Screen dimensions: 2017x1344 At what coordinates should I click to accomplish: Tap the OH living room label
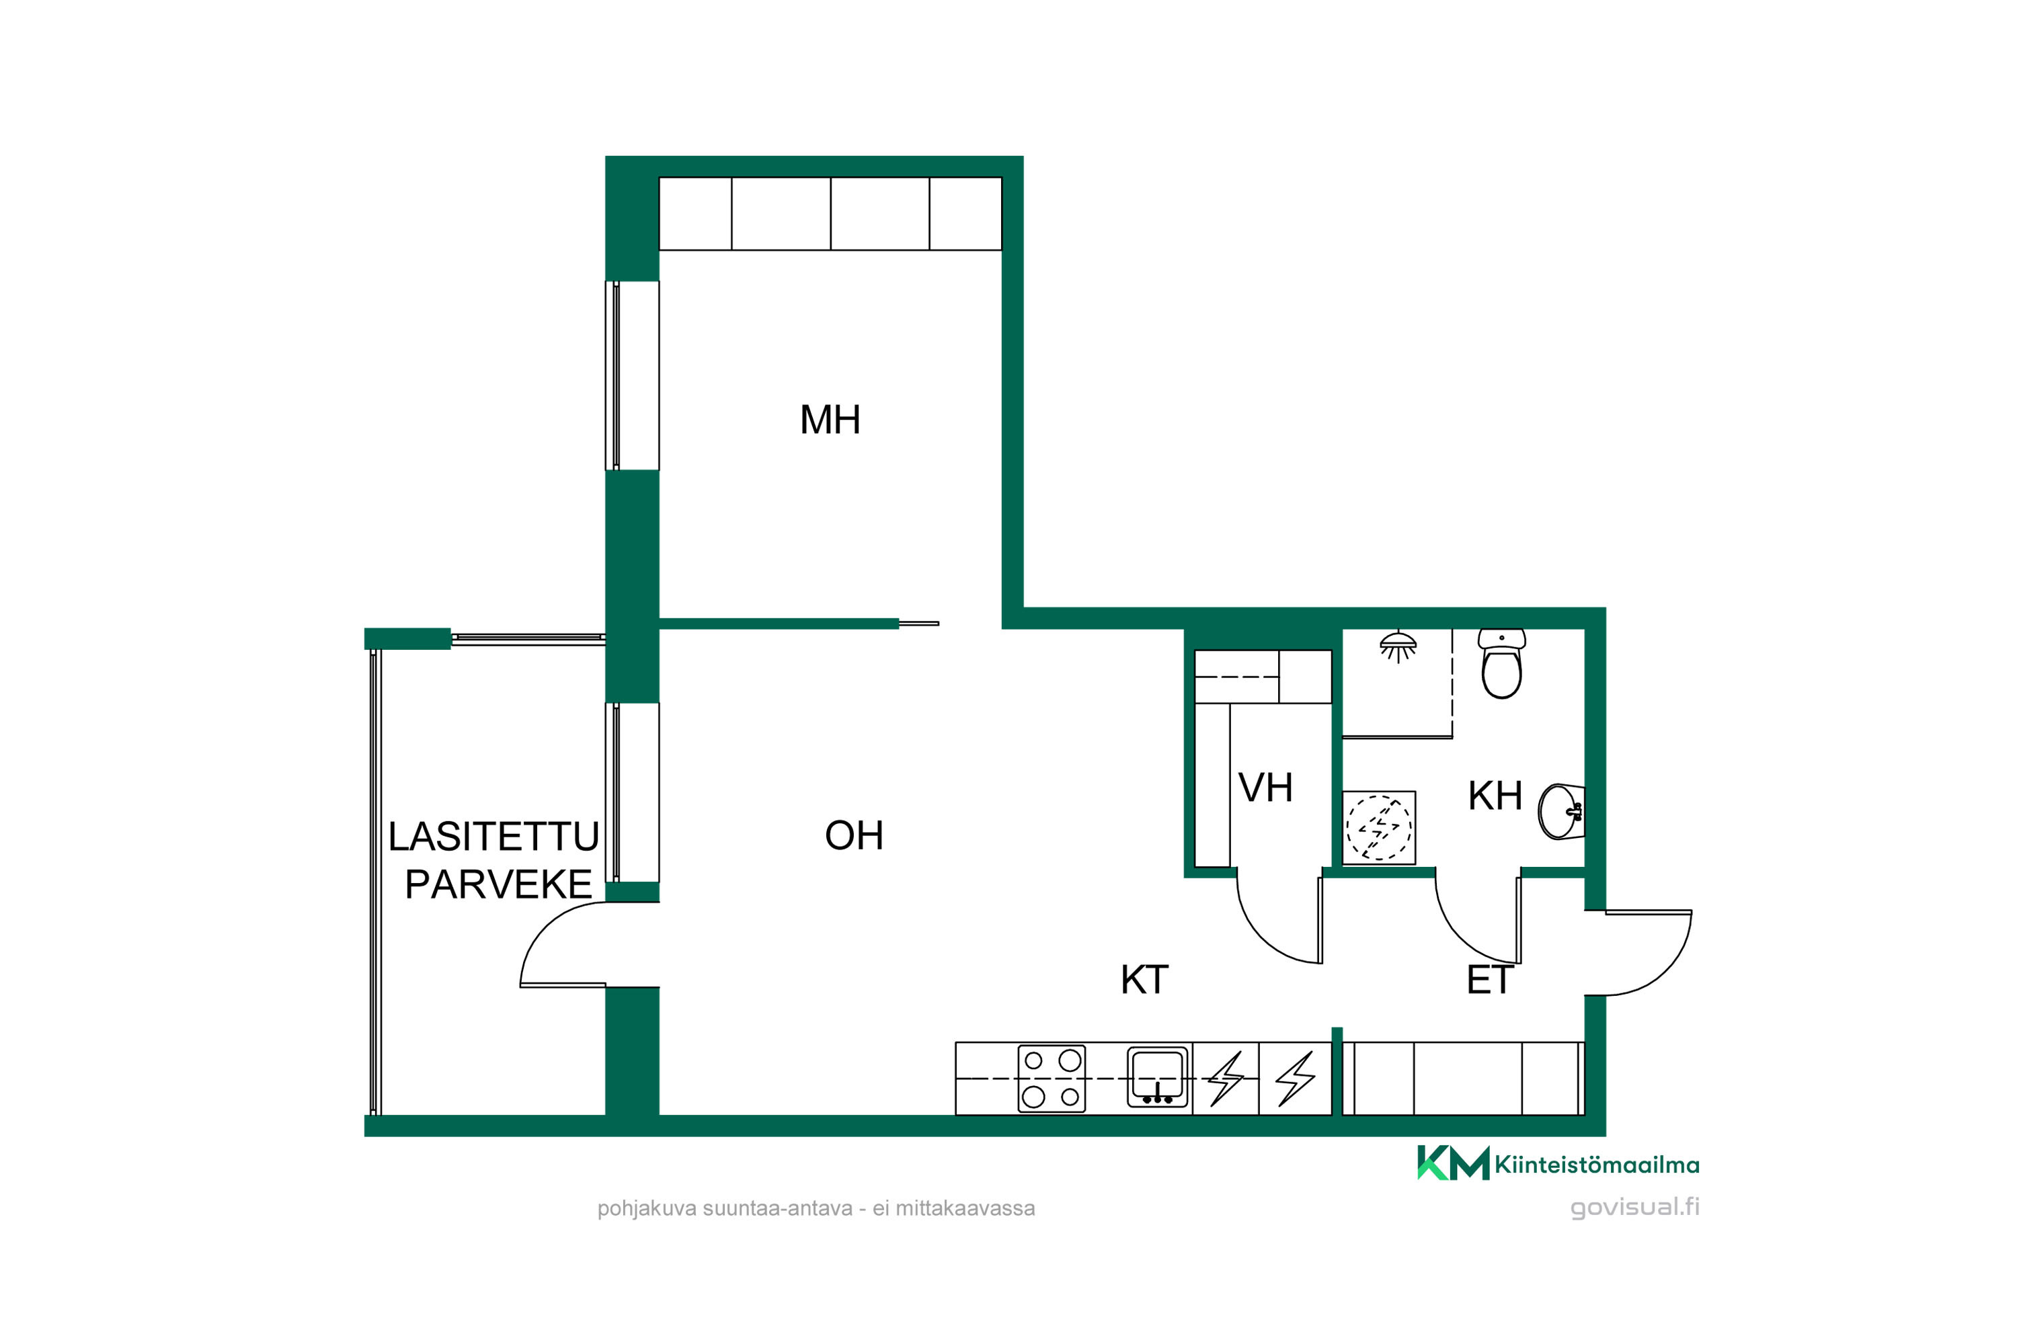(x=853, y=835)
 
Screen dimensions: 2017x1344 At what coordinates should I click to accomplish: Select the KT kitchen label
(x=1144, y=980)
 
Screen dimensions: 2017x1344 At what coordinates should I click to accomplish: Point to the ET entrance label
(x=1490, y=980)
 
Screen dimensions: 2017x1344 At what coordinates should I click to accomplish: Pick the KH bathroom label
(x=1495, y=796)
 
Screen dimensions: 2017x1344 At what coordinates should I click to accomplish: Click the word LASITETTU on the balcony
(x=494, y=837)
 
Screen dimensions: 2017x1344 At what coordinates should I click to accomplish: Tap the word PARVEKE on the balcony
(x=498, y=884)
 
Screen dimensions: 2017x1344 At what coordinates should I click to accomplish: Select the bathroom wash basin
(x=1560, y=811)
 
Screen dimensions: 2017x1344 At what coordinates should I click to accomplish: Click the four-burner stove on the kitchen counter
(x=1052, y=1079)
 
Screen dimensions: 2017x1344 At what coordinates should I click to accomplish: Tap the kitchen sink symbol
(x=1158, y=1077)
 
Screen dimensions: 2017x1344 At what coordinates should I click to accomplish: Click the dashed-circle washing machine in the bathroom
(x=1378, y=828)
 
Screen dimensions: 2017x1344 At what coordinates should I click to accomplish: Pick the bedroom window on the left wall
(x=632, y=376)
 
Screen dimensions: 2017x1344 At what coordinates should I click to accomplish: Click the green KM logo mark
(x=1453, y=1163)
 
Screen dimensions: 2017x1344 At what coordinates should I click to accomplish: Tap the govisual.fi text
(x=1634, y=1207)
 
